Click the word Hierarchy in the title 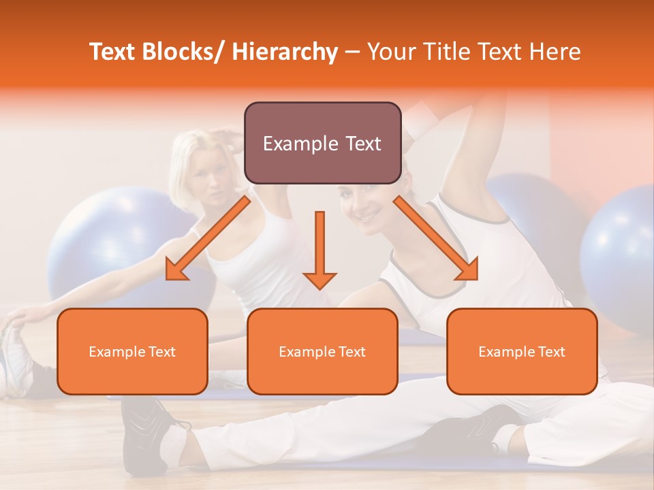(x=285, y=52)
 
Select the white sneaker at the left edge (x=15, y=361)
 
